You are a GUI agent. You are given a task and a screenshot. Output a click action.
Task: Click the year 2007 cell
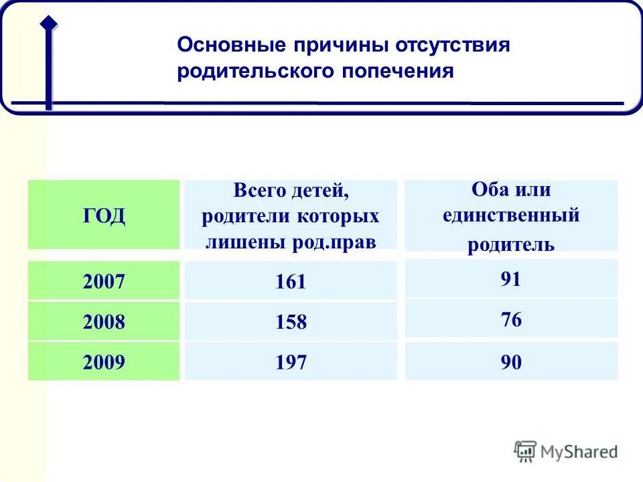[x=104, y=281]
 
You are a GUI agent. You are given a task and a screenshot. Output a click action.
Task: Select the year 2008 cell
[x=104, y=322]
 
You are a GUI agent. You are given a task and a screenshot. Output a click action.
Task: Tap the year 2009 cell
[x=104, y=363]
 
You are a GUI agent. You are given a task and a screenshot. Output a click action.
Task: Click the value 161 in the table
[x=291, y=282]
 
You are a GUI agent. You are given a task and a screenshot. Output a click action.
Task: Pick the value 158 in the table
[x=291, y=323]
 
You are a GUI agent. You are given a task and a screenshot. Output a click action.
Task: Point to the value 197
[x=291, y=363]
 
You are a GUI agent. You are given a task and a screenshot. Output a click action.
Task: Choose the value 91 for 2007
[x=510, y=279]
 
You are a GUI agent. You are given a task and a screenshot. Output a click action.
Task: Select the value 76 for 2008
[x=510, y=320]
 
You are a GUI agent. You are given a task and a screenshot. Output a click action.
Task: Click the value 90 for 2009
[x=510, y=363]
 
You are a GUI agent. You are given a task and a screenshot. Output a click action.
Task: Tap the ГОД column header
[x=104, y=216]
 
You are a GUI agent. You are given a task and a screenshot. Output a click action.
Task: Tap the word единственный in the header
[x=511, y=216]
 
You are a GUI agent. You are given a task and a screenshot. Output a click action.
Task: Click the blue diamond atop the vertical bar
[x=48, y=22]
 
